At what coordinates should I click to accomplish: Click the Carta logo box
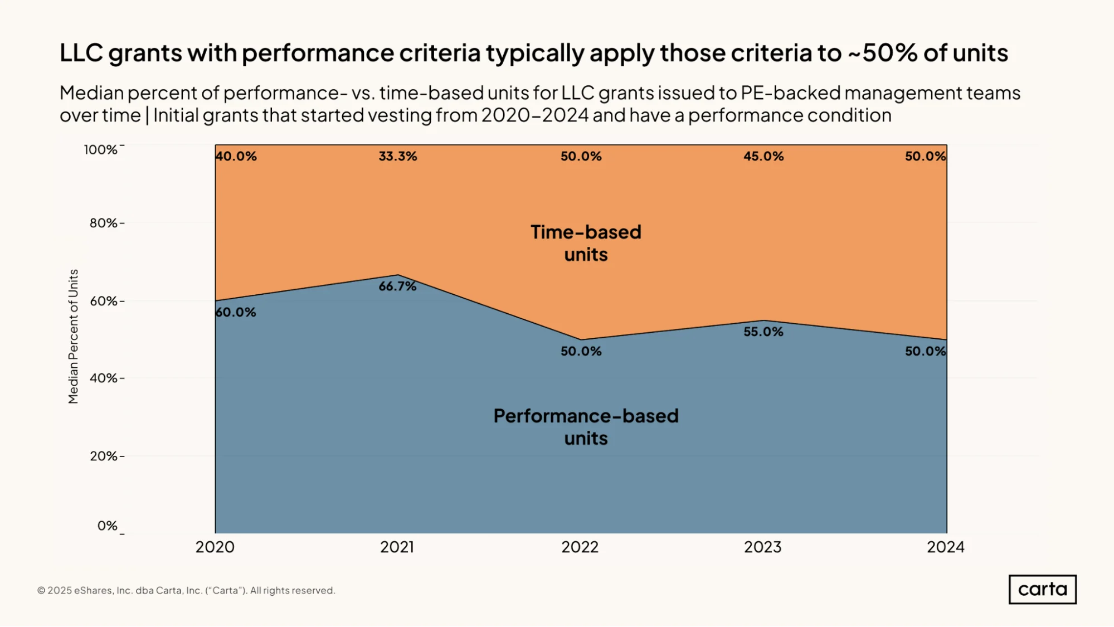pos(1042,589)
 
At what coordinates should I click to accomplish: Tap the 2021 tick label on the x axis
pos(397,547)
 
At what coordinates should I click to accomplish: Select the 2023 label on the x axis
pos(762,547)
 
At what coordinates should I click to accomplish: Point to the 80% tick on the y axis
pos(104,223)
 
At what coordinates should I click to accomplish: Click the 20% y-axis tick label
pos(104,456)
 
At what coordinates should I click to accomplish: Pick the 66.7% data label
pos(397,286)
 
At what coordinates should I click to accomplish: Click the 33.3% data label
pos(398,156)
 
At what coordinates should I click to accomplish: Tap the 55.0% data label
pos(763,332)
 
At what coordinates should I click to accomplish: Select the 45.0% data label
pos(763,156)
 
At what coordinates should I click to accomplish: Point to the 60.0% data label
pos(236,312)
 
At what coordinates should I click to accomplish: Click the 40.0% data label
pos(236,156)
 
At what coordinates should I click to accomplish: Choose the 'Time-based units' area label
pos(586,243)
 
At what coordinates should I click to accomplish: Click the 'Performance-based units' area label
pos(586,427)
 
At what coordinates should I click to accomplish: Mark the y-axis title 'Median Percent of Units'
pos(73,336)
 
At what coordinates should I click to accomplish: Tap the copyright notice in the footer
pos(186,590)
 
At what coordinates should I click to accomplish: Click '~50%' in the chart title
pos(883,53)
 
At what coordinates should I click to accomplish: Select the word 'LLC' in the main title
pos(81,53)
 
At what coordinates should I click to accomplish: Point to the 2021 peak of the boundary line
pos(398,275)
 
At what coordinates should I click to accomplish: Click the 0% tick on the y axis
pos(107,526)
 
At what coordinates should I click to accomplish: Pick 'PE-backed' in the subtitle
pos(790,93)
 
